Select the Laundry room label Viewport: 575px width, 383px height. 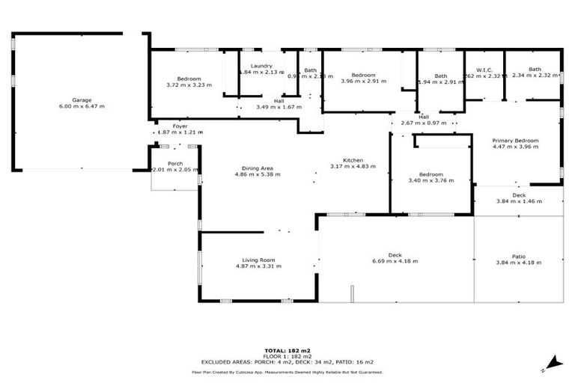[261, 66]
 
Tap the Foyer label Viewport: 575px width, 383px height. [180, 126]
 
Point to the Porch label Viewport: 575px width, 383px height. [175, 164]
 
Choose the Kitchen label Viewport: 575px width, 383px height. [353, 160]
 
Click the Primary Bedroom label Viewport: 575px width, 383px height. [515, 141]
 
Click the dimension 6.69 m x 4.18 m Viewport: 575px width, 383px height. [395, 261]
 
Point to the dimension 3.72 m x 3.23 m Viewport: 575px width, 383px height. [189, 85]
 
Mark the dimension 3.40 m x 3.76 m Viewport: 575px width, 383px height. [431, 180]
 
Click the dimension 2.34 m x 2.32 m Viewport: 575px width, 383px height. [534, 75]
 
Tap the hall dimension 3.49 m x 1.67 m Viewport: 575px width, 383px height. [279, 107]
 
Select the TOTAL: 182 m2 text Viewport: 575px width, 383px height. [287, 350]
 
